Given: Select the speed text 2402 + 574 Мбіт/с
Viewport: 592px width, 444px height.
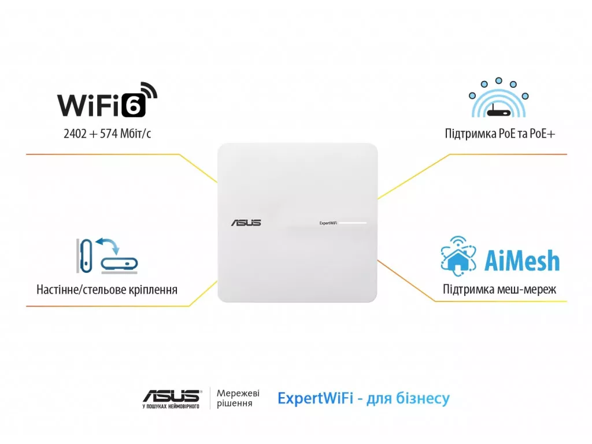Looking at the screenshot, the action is point(107,134).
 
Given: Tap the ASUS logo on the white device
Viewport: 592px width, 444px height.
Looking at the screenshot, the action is point(246,223).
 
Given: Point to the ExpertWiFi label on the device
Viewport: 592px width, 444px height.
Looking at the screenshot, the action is point(328,223).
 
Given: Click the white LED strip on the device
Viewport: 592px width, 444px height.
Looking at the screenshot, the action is point(353,223).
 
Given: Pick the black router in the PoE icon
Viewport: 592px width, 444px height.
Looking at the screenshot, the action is point(499,112).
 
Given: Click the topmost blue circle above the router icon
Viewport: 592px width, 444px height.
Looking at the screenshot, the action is point(499,80).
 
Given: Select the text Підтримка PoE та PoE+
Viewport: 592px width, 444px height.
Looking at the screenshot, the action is point(500,134).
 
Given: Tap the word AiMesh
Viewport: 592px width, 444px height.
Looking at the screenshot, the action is point(522,261).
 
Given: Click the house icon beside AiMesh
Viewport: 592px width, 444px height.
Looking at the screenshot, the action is point(458,258).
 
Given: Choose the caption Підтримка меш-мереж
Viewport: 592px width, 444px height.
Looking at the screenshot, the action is point(499,290).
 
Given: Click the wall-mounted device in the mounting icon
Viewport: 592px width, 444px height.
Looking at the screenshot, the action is point(86,256).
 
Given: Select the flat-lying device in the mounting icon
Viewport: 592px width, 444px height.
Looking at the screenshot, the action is point(119,263).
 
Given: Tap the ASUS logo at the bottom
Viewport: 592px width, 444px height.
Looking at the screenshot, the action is point(172,396).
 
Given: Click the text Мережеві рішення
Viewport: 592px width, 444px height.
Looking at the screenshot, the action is point(238,398).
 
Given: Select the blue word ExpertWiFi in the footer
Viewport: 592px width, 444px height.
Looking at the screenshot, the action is point(315,398).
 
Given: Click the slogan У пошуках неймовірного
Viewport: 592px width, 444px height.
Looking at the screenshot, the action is point(171,406).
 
